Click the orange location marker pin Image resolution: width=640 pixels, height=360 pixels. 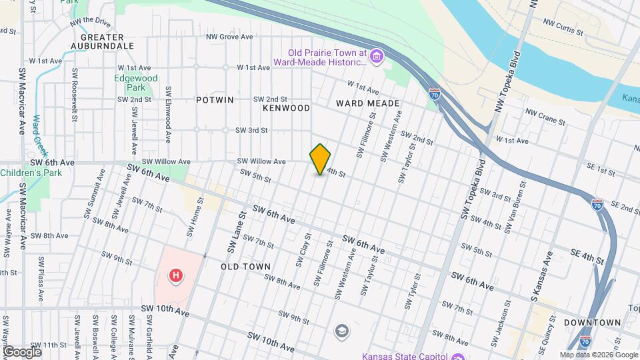click(321, 159)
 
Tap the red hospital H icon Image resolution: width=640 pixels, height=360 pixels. click(176, 275)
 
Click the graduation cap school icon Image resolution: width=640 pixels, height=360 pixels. click(342, 331)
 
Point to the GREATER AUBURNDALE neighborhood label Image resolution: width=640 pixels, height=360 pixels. click(107, 41)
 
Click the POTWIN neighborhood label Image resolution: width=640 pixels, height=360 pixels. click(215, 100)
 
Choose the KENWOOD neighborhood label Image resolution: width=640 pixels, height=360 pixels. click(287, 107)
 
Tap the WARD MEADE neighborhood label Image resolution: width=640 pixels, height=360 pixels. click(367, 103)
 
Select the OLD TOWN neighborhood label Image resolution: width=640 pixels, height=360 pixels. click(245, 267)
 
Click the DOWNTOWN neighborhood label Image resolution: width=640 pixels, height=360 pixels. click(592, 323)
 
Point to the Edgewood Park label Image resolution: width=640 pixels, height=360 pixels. click(135, 83)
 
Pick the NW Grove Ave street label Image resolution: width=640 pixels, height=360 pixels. click(229, 37)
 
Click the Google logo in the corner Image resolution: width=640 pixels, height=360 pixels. click(22, 351)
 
